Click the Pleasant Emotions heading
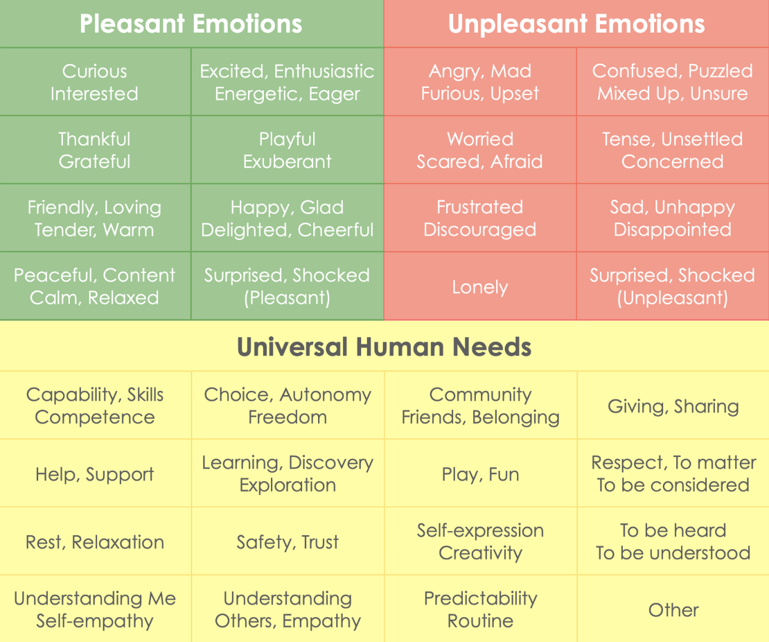(x=191, y=24)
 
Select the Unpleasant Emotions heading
(x=576, y=24)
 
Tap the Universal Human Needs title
(x=384, y=347)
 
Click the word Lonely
(x=480, y=287)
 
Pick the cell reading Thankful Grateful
(x=94, y=150)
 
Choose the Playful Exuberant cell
(x=288, y=150)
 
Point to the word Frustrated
(x=479, y=207)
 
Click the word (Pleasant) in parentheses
(x=288, y=298)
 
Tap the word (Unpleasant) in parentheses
(x=672, y=298)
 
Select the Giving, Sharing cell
(x=673, y=406)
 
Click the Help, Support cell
(x=94, y=474)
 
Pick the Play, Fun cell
(x=480, y=474)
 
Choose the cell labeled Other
(x=673, y=610)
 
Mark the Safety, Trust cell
(x=288, y=542)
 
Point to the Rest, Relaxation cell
(x=94, y=542)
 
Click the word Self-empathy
(x=94, y=621)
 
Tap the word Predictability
(x=480, y=598)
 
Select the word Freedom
(x=288, y=417)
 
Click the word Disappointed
(x=672, y=229)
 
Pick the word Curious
(x=94, y=71)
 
